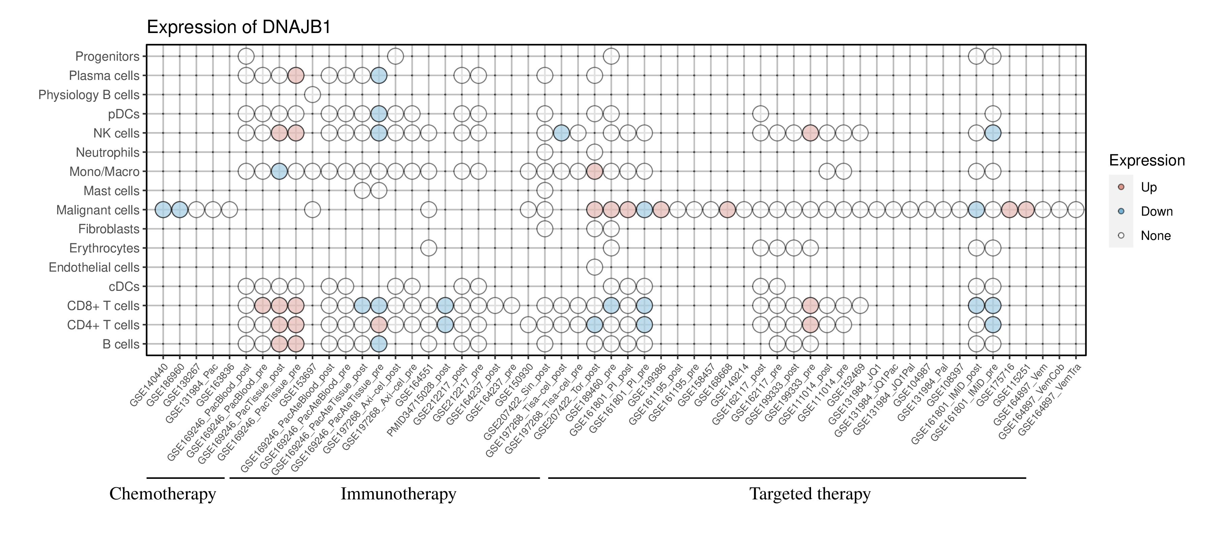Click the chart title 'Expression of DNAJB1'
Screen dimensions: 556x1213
239,27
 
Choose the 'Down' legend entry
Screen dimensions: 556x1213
1156,211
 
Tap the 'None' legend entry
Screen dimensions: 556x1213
1155,236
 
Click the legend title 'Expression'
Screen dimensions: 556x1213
1147,160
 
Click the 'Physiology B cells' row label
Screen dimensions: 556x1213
89,95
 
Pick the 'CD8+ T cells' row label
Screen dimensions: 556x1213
103,306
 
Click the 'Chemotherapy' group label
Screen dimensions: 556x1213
162,494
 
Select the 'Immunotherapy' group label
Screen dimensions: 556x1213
398,494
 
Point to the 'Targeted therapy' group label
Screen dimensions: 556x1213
810,494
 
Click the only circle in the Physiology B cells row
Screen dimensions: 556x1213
312,95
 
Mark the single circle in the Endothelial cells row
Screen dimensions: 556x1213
594,268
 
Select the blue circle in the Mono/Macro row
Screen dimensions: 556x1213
279,172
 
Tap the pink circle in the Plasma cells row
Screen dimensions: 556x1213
296,75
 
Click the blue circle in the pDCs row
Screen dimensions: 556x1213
379,114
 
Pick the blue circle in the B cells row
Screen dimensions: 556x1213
379,344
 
